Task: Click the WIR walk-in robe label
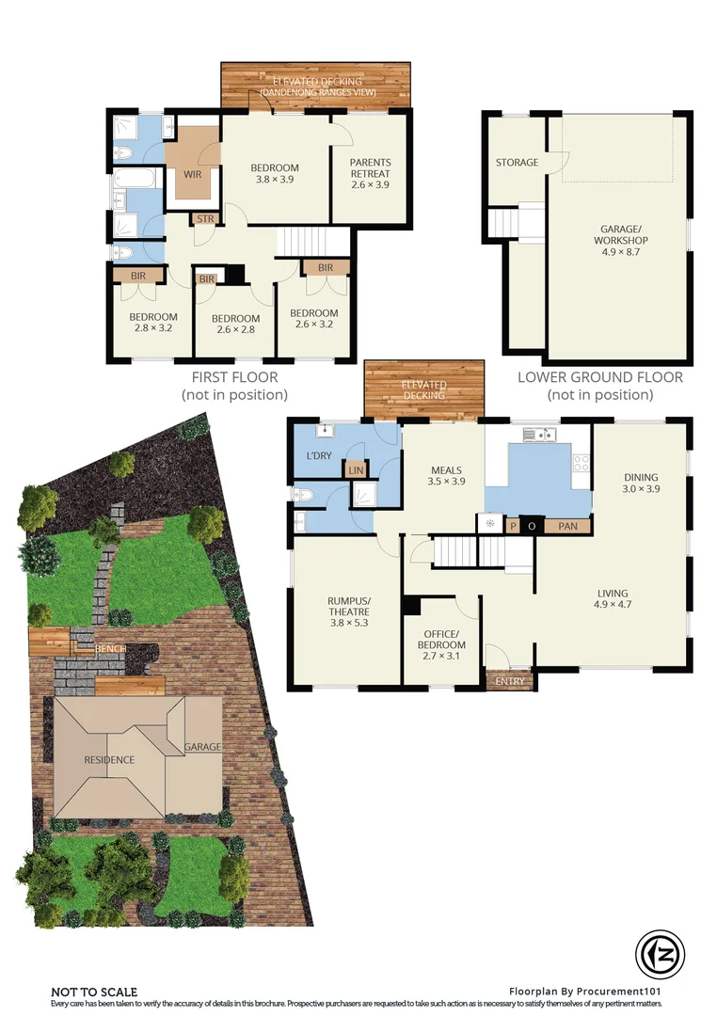point(193,174)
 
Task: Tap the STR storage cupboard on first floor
point(204,219)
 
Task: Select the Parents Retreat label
point(370,173)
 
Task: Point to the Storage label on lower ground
point(517,163)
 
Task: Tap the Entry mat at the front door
point(509,680)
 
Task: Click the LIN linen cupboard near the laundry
point(356,468)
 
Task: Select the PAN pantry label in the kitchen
point(567,527)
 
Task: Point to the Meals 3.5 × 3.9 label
point(445,476)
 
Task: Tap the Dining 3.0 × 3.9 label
point(641,483)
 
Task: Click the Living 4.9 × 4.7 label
point(613,598)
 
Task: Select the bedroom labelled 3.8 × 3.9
point(275,173)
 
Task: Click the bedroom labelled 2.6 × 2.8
point(234,324)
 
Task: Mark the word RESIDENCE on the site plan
point(109,759)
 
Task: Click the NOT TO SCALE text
point(94,992)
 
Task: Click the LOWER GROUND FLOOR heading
point(599,377)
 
